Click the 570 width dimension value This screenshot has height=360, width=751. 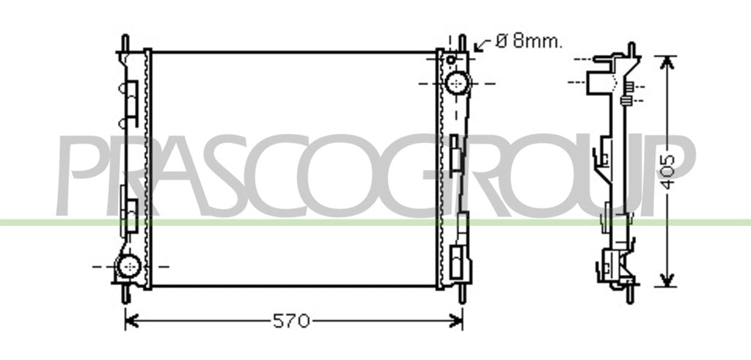pyautogui.click(x=291, y=320)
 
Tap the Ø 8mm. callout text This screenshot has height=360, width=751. pyautogui.click(x=529, y=41)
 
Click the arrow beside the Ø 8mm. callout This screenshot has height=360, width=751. pyautogui.click(x=483, y=45)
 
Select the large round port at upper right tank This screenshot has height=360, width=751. pyautogui.click(x=458, y=84)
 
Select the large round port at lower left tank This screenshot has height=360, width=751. pyautogui.click(x=129, y=265)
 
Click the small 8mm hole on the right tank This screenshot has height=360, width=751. pyautogui.click(x=451, y=60)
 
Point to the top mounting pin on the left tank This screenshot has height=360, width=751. pyautogui.click(x=125, y=43)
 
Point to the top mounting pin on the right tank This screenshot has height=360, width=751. pyautogui.click(x=462, y=43)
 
